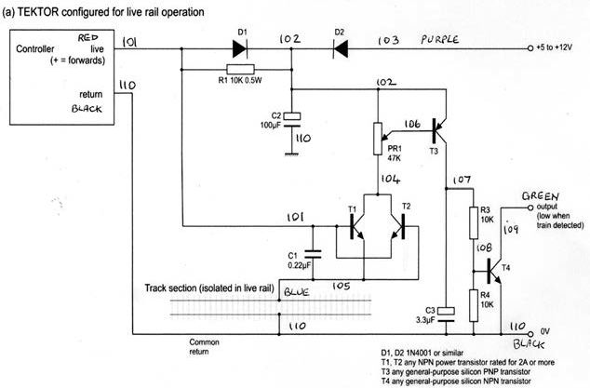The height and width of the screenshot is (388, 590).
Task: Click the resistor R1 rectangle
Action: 240,69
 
